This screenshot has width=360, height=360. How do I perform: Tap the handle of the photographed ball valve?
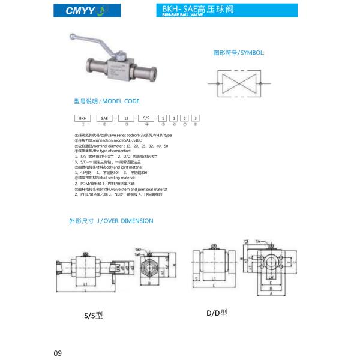click(x=85, y=41)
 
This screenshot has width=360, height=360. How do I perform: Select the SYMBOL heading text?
click(x=239, y=53)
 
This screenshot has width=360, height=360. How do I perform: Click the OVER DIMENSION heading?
click(x=111, y=221)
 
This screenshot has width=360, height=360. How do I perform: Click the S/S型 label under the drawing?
click(x=93, y=314)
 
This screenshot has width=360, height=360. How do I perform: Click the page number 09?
click(x=58, y=352)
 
